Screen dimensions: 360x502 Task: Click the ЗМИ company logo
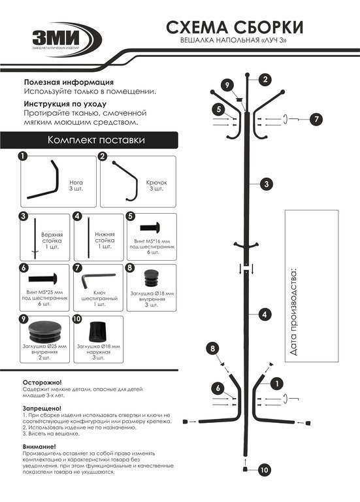pyautogui.click(x=67, y=40)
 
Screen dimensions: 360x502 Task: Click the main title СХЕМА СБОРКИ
pyautogui.click(x=235, y=27)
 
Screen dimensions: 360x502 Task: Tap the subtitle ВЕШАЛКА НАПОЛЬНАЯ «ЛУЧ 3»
pyautogui.click(x=233, y=41)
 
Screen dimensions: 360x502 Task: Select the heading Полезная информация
pyautogui.click(x=69, y=82)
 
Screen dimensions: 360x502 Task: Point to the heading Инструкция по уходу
pyautogui.click(x=65, y=104)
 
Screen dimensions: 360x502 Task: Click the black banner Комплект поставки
pyautogui.click(x=89, y=140)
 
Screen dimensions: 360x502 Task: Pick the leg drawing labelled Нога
pyautogui.click(x=43, y=180)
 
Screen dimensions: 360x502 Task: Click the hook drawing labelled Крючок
pyautogui.click(x=125, y=181)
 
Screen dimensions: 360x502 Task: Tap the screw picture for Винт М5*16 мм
pyautogui.click(x=150, y=227)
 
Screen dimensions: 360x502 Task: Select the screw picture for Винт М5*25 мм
pyautogui.click(x=43, y=278)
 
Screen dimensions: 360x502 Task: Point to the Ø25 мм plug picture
pyautogui.click(x=45, y=331)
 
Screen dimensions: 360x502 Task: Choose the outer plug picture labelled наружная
pyautogui.click(x=97, y=331)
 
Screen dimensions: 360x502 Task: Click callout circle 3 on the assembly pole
pyautogui.click(x=266, y=184)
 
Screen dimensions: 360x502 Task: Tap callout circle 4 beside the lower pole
pyautogui.click(x=265, y=314)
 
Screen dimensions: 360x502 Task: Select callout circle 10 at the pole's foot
pyautogui.click(x=264, y=470)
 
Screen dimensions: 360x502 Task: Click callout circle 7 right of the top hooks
pyautogui.click(x=316, y=120)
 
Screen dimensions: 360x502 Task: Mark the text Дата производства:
pyautogui.click(x=293, y=312)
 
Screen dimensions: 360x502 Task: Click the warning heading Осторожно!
pyautogui.click(x=42, y=382)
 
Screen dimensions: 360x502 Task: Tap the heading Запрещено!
pyautogui.click(x=42, y=409)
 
